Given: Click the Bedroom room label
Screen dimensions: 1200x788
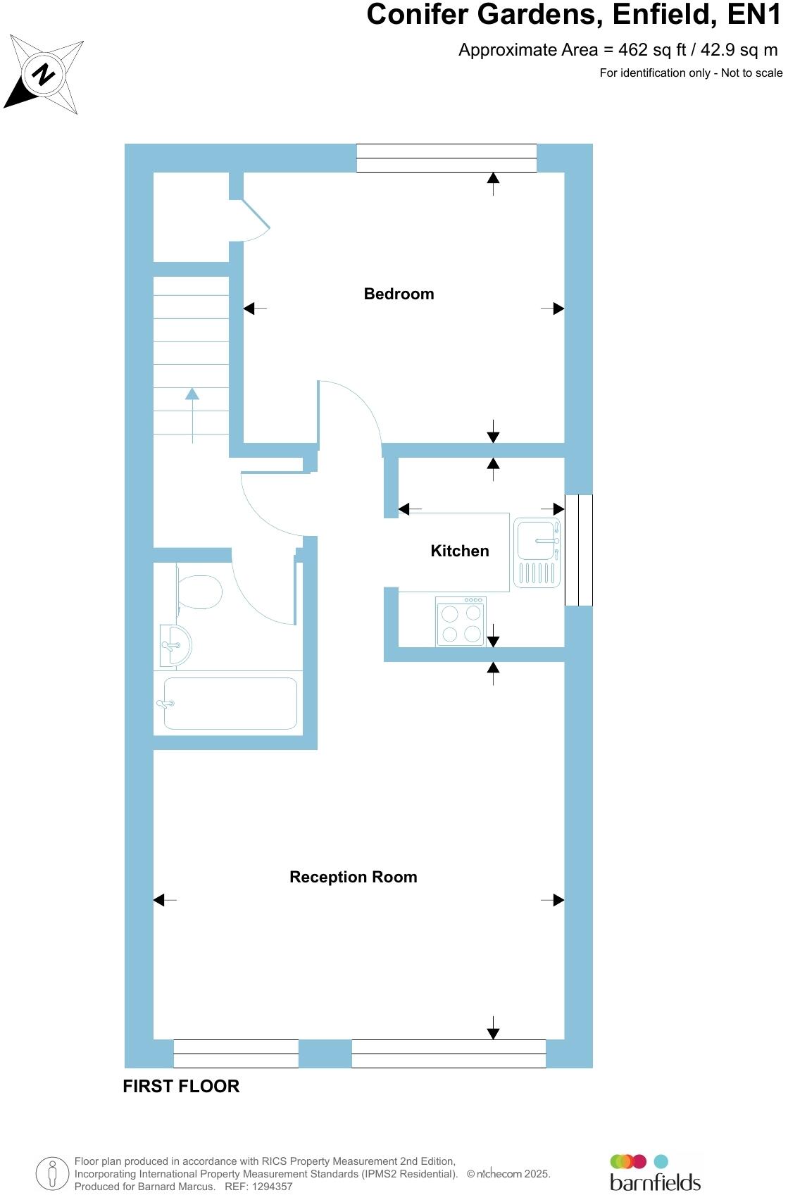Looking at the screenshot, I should click(x=399, y=294).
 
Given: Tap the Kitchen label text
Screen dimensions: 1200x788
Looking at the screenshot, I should click(x=459, y=551).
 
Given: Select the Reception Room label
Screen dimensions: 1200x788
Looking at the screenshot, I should click(x=353, y=877).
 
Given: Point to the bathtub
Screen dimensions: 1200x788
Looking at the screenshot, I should click(x=230, y=704).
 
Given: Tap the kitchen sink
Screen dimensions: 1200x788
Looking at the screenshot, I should click(x=537, y=540).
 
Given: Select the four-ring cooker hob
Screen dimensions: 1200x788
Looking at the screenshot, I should click(x=461, y=622).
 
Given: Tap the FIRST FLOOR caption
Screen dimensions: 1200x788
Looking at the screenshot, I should click(x=181, y=1087).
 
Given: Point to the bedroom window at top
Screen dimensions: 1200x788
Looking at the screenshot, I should click(x=446, y=158).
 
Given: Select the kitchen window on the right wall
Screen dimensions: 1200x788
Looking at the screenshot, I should click(x=579, y=550).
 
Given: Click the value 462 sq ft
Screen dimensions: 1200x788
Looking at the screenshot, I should click(x=642, y=50).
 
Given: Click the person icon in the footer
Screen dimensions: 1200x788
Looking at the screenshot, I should click(x=52, y=1174).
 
